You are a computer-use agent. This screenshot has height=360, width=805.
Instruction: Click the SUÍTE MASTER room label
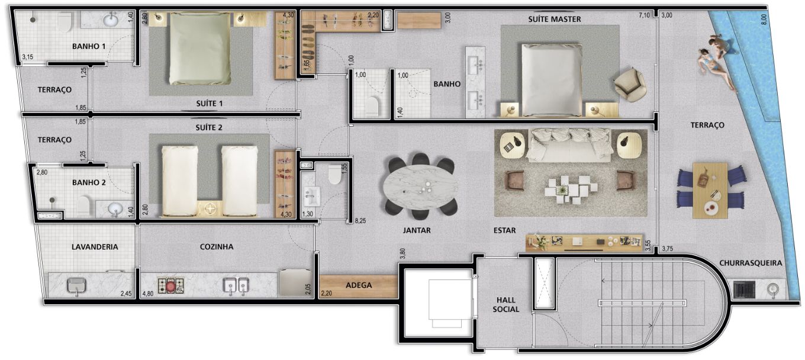(x=554, y=19)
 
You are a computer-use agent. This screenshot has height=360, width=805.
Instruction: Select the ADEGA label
(x=359, y=285)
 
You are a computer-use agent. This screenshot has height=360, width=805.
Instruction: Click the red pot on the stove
(x=170, y=286)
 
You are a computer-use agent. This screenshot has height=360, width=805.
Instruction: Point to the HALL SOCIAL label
(x=505, y=304)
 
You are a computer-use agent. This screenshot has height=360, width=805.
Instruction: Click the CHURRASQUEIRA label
(x=751, y=263)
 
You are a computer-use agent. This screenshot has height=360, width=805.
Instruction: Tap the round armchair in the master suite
(x=630, y=85)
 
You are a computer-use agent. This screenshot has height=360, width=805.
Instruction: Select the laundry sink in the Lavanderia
(x=76, y=286)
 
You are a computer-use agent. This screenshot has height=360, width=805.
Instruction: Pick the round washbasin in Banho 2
(x=115, y=208)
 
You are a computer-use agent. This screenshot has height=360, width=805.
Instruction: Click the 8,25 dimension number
(x=360, y=221)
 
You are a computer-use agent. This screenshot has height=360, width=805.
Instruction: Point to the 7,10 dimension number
(x=644, y=15)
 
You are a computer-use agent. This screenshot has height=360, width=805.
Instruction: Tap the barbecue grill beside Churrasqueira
(x=744, y=290)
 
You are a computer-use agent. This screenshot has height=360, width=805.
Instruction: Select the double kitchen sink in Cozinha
(x=236, y=286)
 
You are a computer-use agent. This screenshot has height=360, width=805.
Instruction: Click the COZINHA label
(x=217, y=247)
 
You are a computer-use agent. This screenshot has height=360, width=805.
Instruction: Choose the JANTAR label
(x=417, y=230)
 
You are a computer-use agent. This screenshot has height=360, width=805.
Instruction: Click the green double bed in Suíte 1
(x=200, y=49)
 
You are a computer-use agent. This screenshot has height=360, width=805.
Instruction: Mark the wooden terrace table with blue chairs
(x=710, y=190)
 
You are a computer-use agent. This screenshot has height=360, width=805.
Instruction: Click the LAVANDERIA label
(x=95, y=247)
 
